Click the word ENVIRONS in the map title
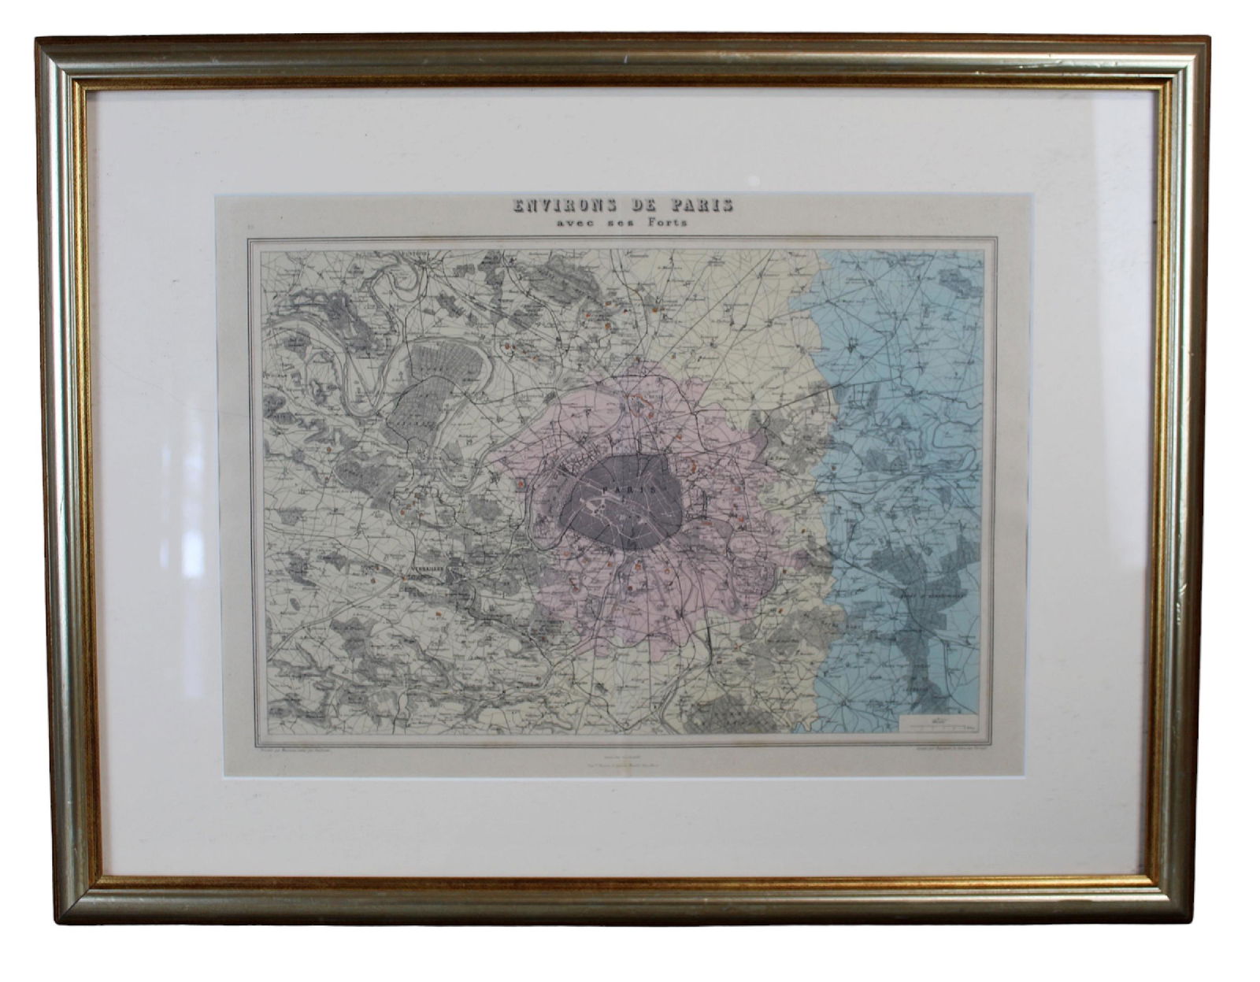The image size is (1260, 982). coord(561,207)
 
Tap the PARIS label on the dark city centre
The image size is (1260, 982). coord(618,489)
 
